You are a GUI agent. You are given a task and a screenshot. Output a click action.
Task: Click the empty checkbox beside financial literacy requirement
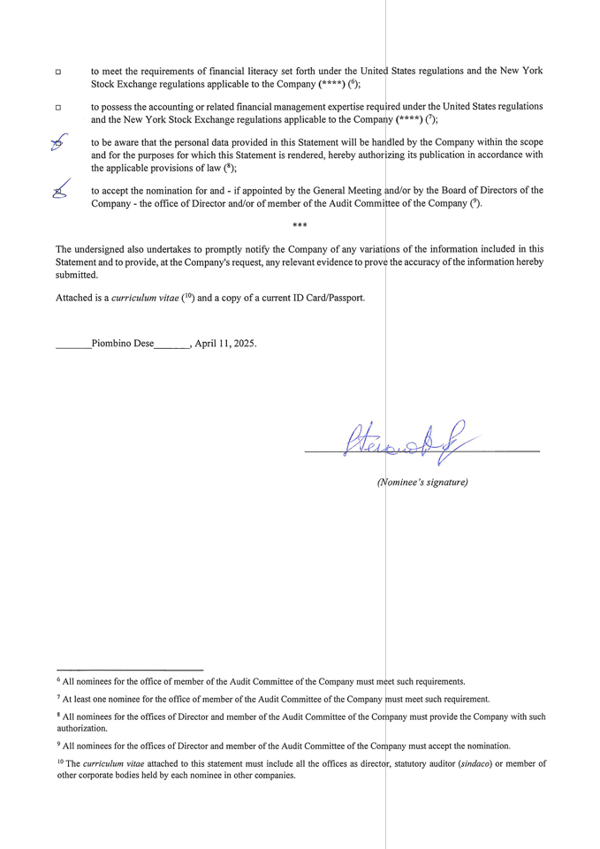click(x=58, y=72)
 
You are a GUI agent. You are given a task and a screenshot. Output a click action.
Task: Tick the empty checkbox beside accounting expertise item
click(x=58, y=107)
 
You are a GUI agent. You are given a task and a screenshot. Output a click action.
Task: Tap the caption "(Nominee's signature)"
click(x=422, y=482)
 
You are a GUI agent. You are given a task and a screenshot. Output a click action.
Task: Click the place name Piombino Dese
click(x=123, y=344)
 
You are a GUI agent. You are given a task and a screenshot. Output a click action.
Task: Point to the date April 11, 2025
click(x=225, y=344)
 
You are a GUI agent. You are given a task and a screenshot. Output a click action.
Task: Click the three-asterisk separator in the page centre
click(x=300, y=227)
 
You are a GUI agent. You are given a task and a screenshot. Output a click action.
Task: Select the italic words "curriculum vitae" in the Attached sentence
click(x=145, y=299)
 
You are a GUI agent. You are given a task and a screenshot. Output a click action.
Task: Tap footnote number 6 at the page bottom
click(x=59, y=680)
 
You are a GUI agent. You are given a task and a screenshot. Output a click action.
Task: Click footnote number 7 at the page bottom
click(x=59, y=698)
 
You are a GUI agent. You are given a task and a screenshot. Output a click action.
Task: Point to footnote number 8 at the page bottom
click(x=59, y=716)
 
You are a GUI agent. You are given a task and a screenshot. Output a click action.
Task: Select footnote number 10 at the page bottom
click(x=60, y=762)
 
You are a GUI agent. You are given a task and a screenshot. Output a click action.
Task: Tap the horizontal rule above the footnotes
click(x=129, y=671)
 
